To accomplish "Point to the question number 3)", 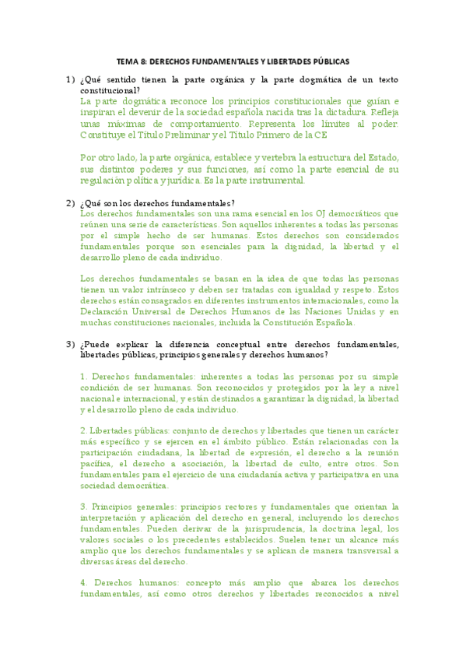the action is pos(69,344).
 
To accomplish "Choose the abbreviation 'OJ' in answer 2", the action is pos(322,213).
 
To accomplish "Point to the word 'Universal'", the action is pos(145,311).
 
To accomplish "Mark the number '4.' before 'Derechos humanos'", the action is pos(84,583).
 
